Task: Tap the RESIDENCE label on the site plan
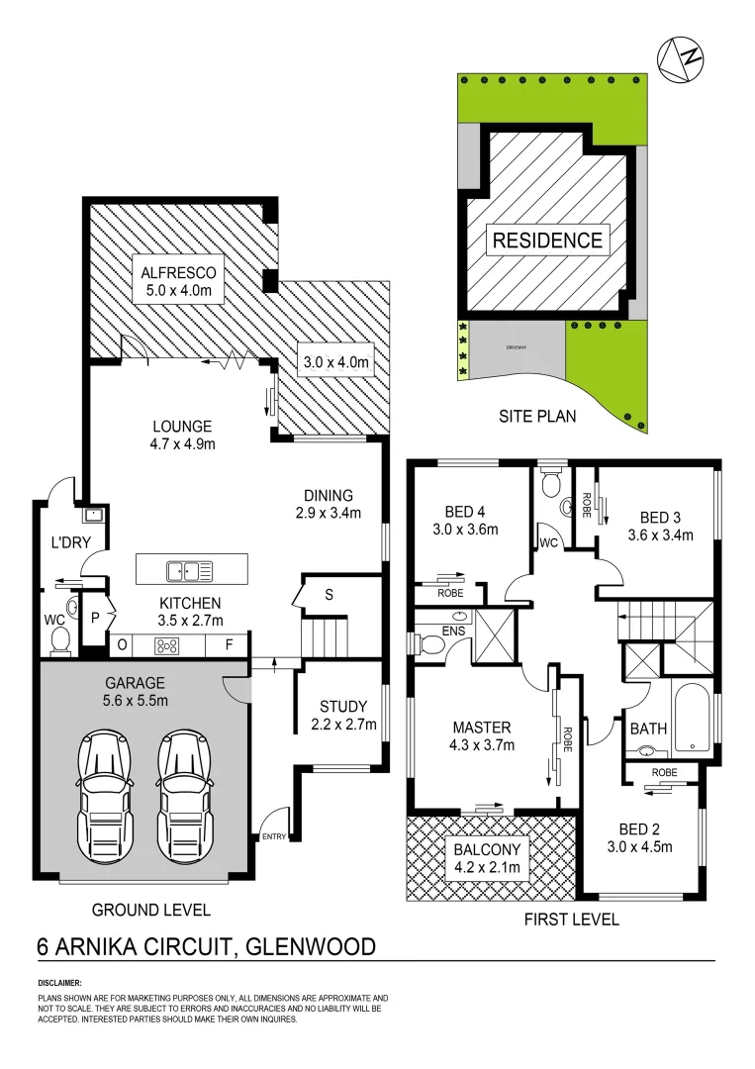pos(547,240)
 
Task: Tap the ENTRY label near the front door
pos(274,837)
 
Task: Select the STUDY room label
pos(343,715)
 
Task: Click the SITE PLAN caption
pos(537,417)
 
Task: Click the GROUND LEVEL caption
pos(151,909)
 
